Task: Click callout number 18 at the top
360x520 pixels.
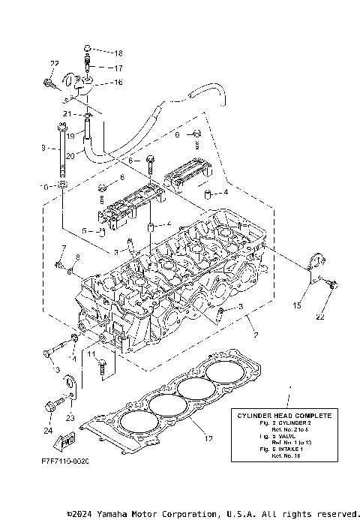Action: coord(118,53)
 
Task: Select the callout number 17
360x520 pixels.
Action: coord(118,68)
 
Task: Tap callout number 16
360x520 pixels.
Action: coord(118,82)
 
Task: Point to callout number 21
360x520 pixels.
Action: coord(67,113)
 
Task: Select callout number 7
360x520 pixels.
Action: coord(64,248)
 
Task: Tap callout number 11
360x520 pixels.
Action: coord(91,352)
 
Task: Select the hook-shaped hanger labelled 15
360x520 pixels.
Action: coord(316,265)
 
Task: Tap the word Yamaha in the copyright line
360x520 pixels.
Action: coord(121,514)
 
